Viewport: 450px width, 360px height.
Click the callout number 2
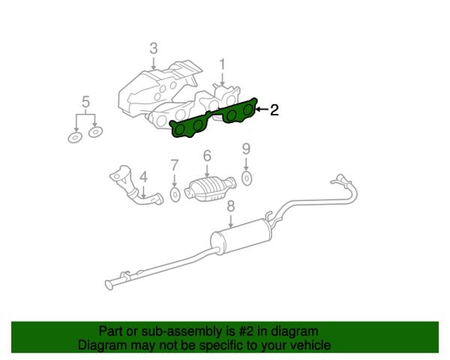[x=274, y=109]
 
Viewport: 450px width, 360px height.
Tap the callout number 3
[x=154, y=49]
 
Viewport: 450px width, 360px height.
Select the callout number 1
[x=222, y=65]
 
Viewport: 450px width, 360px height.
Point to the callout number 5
[x=85, y=102]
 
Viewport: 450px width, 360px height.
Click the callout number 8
[x=231, y=206]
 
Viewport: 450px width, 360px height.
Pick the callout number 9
[x=246, y=149]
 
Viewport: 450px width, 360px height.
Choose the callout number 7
[x=174, y=165]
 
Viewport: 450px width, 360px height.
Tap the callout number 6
[x=207, y=156]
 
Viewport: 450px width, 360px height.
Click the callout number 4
[x=143, y=177]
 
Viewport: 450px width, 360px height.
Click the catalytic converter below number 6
[x=210, y=189]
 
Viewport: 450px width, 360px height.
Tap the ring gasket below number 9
[x=247, y=178]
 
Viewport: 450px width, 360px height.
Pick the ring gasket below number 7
[x=175, y=195]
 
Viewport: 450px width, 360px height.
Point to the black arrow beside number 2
[x=262, y=109]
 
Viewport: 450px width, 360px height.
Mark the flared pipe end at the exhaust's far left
[x=109, y=285]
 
